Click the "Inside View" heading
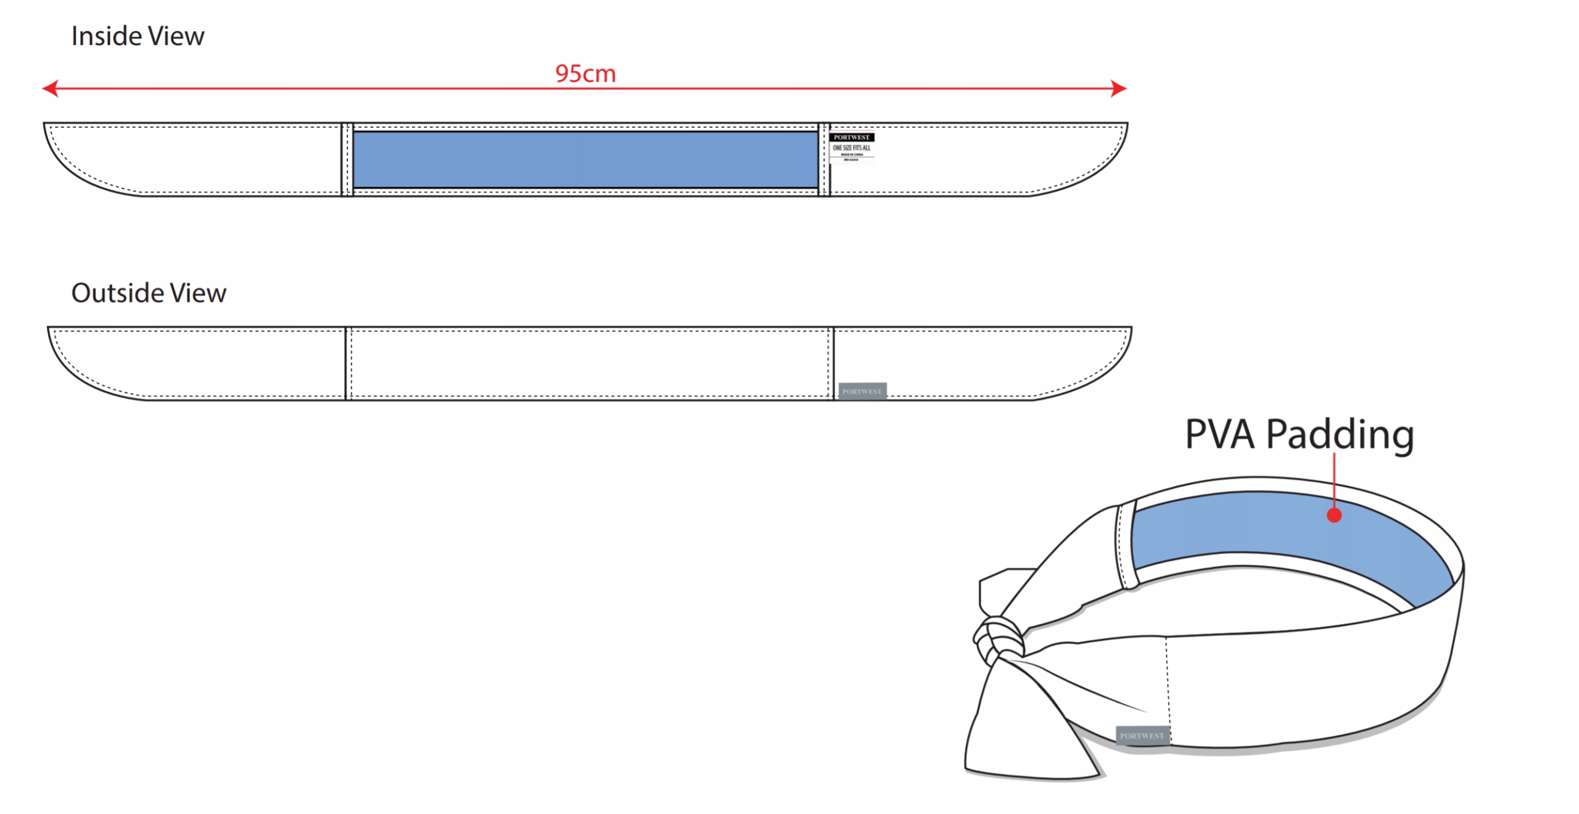138,36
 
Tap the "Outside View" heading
149,293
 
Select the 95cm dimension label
585,74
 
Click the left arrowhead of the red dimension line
49,88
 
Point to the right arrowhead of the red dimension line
1119,88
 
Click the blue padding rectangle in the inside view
585,160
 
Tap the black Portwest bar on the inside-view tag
851,138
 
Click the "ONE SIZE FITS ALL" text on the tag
851,148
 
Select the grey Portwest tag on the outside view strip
862,391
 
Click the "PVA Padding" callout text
1300,434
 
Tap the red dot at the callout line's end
1334,516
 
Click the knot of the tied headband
998,639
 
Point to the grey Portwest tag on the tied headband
1142,735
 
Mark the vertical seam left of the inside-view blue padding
347,160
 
